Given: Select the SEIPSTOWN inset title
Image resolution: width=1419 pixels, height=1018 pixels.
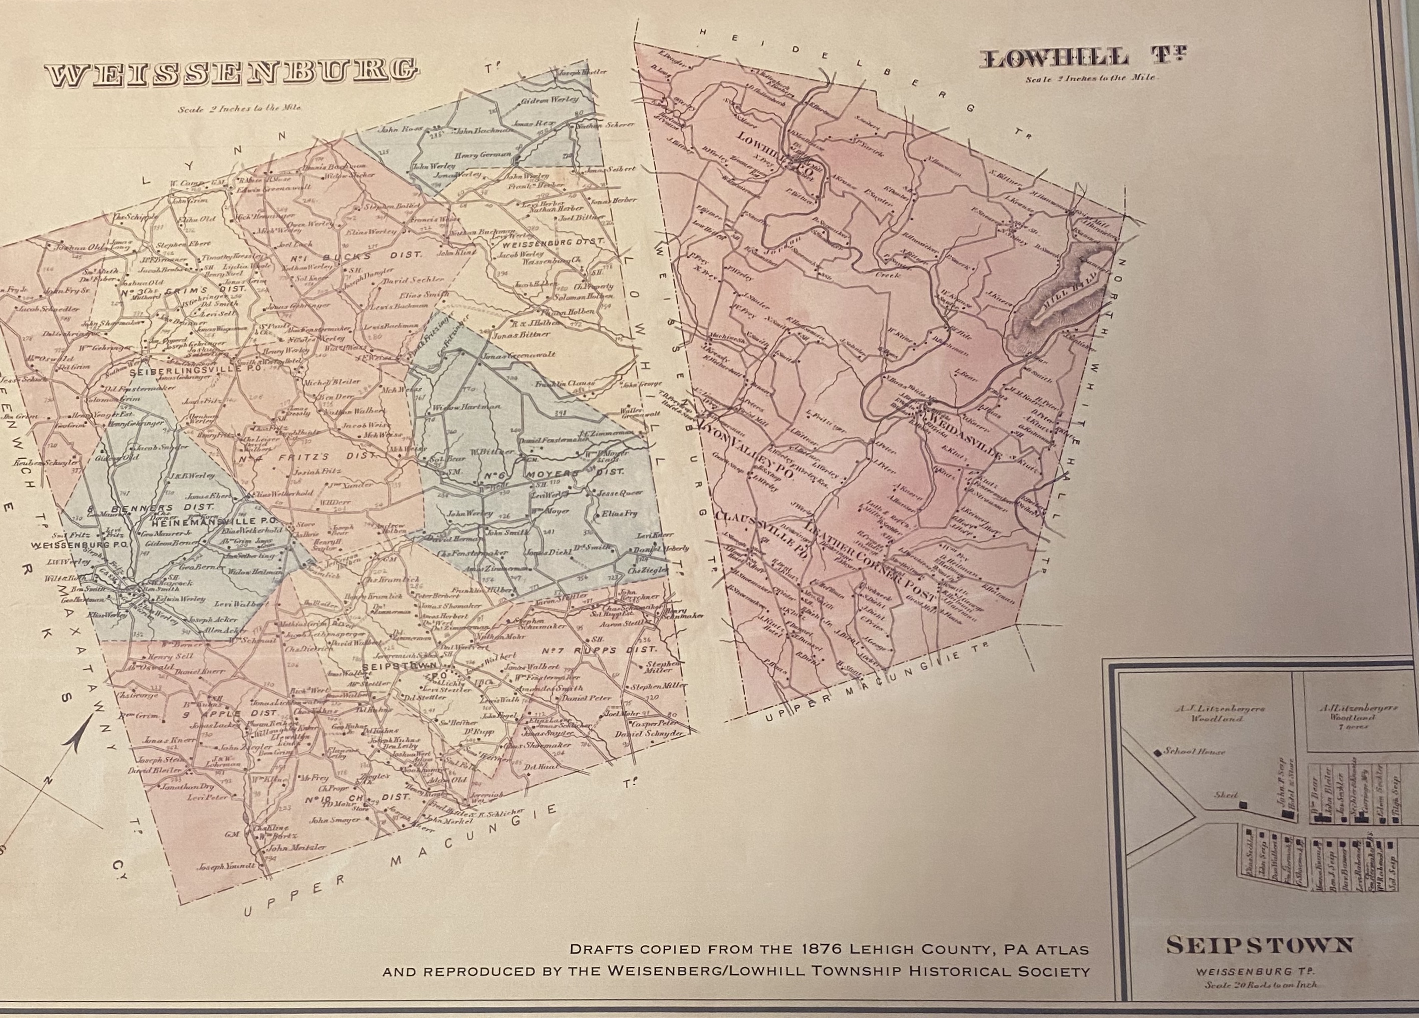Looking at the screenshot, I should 1259,946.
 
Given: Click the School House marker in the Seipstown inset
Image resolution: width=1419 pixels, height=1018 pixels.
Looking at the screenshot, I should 1157,752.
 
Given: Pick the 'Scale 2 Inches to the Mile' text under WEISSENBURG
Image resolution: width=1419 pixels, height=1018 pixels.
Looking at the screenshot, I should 239,108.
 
